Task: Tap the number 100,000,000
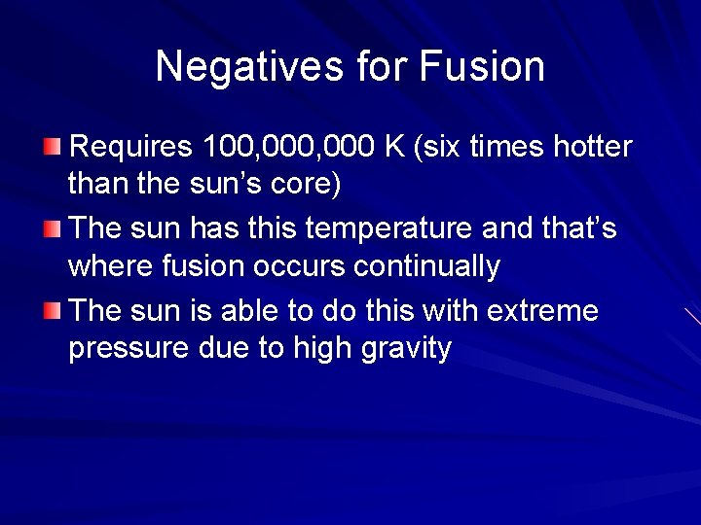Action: click(x=289, y=148)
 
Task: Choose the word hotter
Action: click(x=593, y=148)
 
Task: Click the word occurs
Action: click(x=298, y=266)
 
